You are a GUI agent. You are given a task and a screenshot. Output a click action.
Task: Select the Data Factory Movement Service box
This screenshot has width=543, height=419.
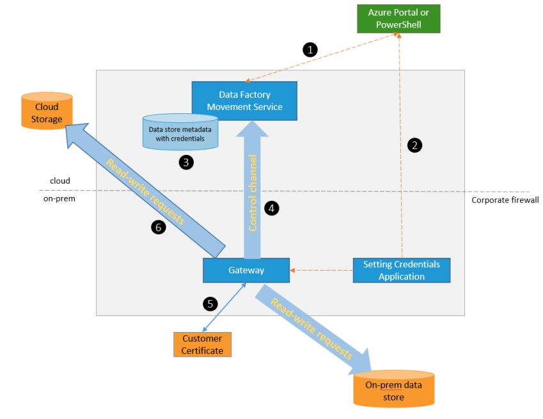click(x=244, y=100)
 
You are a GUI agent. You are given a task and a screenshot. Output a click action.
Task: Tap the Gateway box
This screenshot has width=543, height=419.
click(x=246, y=270)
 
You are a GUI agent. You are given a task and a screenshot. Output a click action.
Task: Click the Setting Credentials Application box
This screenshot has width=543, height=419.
click(x=402, y=270)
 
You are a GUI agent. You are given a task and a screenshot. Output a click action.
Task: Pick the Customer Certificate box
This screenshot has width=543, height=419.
click(x=202, y=344)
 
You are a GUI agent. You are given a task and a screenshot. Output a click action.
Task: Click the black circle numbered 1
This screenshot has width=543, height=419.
click(x=310, y=49)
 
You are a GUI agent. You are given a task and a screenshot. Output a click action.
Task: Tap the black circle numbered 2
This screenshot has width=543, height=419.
click(x=414, y=145)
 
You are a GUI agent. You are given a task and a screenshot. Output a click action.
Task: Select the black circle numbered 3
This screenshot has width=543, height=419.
click(x=186, y=162)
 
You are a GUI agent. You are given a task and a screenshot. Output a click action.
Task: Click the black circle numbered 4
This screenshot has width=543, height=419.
click(x=272, y=208)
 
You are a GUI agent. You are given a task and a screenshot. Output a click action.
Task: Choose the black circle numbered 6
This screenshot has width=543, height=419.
click(x=159, y=226)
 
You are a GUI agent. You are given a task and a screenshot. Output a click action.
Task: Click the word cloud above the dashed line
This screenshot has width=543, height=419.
click(x=60, y=181)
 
